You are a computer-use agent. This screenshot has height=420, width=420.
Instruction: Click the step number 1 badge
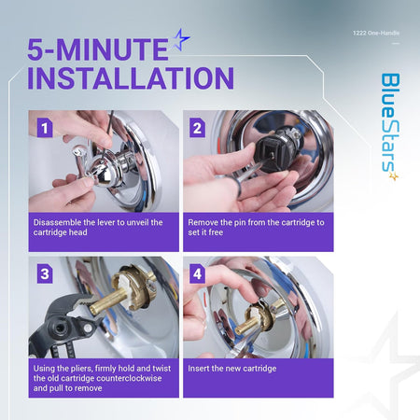coord(45,128)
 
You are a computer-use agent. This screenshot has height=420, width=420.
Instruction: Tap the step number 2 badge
coord(197,128)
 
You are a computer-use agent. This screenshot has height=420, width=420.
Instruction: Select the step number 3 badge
coord(45,273)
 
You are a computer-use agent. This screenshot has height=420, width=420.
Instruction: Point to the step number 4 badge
coord(197,273)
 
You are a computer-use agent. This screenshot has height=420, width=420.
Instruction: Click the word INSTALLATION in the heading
coord(131,77)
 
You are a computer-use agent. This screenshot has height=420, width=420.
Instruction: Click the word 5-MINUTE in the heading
coord(98,49)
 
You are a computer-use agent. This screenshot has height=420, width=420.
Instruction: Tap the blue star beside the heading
coord(181,39)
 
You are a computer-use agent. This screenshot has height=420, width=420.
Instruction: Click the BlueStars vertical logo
coord(390,123)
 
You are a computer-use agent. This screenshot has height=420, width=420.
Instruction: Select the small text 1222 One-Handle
coord(376,33)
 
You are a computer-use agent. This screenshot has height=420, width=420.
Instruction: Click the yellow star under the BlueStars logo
coord(394,176)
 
